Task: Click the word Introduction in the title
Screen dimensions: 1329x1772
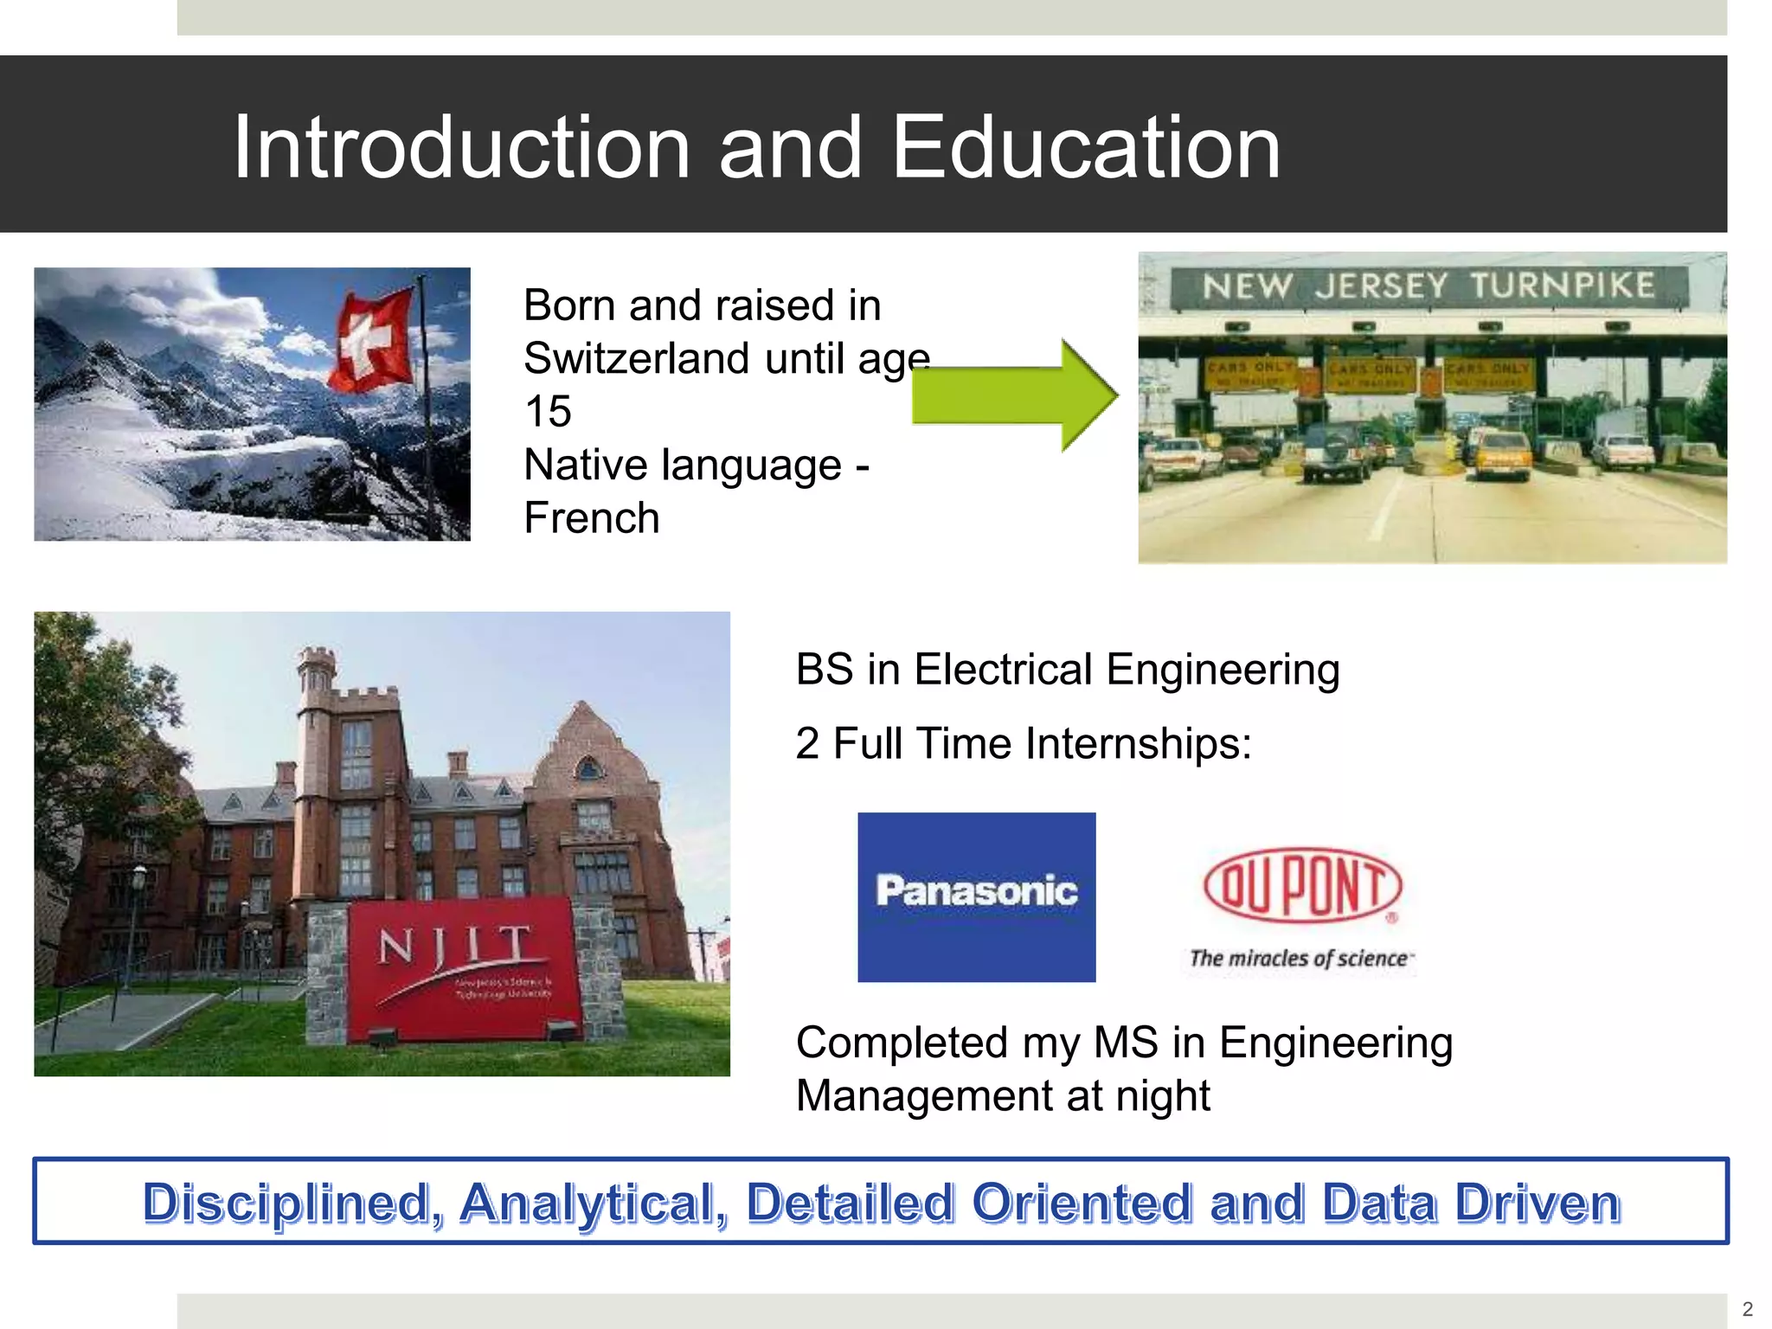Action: click(x=461, y=149)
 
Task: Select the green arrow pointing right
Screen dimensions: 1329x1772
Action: click(x=1014, y=395)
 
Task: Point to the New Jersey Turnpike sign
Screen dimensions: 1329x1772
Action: click(x=1429, y=286)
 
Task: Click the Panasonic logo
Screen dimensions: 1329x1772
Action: click(x=976, y=896)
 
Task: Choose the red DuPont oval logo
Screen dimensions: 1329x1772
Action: click(x=1302, y=884)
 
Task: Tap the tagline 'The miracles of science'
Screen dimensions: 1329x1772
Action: click(x=1300, y=959)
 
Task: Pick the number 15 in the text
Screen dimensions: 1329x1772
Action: click(x=548, y=412)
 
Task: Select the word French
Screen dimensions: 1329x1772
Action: click(x=592, y=518)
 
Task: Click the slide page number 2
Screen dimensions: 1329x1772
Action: click(x=1747, y=1309)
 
